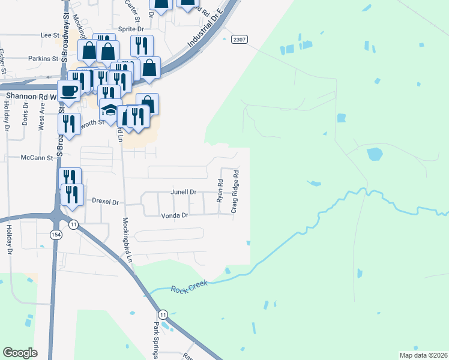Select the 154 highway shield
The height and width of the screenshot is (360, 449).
pos(56,233)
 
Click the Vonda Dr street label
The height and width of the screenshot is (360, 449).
pos(174,215)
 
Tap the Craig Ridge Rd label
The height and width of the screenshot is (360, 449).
pos(236,191)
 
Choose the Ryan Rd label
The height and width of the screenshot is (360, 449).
pos(220,190)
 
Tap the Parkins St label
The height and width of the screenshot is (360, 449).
pos(43,59)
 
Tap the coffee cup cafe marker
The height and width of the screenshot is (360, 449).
pos(69,92)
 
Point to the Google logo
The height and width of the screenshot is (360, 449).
pos(20,353)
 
